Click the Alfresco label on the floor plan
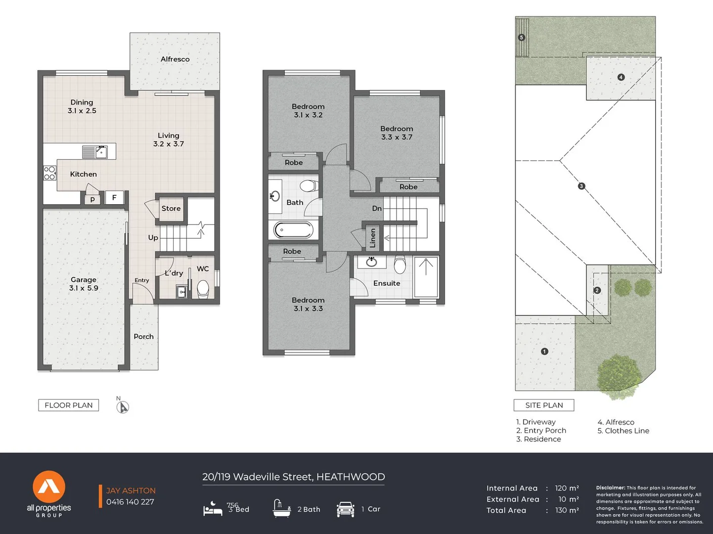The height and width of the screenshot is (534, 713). [x=175, y=59]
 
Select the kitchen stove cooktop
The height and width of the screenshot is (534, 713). [x=50, y=173]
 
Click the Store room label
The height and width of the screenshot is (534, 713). [x=171, y=209]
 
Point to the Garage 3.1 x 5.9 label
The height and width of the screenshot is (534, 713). [x=84, y=284]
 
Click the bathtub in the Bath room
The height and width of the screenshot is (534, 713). [x=293, y=230]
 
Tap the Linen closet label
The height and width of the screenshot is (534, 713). [x=373, y=238]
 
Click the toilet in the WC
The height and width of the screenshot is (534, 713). [x=203, y=289]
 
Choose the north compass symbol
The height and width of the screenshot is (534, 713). [x=123, y=406]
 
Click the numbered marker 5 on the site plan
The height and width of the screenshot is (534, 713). [x=521, y=38]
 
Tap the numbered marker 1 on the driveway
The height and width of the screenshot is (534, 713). [x=544, y=351]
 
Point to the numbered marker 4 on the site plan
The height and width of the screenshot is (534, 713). [x=621, y=77]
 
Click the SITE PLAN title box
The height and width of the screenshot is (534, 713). [x=544, y=405]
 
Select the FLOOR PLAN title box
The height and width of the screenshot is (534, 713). [x=69, y=405]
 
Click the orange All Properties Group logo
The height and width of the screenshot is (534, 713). [x=49, y=487]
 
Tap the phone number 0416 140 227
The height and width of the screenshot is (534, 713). [x=130, y=502]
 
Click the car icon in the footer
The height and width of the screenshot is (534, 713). [x=346, y=509]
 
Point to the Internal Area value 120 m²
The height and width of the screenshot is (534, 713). [x=567, y=488]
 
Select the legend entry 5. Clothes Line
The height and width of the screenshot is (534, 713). [x=624, y=431]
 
